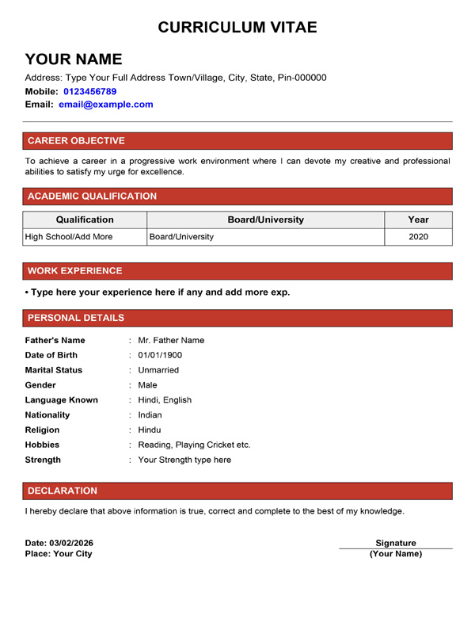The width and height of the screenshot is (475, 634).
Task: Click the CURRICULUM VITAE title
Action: pyautogui.click(x=237, y=27)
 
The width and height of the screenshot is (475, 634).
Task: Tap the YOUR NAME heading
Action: pyautogui.click(x=74, y=59)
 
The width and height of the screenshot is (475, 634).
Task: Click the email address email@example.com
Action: pyautogui.click(x=105, y=104)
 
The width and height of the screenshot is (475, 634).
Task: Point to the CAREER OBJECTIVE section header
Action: pyautogui.click(x=76, y=141)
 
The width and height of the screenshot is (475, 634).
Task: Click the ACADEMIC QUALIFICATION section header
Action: pyautogui.click(x=92, y=197)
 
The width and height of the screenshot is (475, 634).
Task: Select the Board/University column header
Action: pyautogui.click(x=265, y=220)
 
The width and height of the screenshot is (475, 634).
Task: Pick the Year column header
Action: pyautogui.click(x=418, y=220)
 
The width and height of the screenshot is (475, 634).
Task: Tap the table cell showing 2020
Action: pyautogui.click(x=418, y=236)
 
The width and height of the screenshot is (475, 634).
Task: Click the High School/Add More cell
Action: pyautogui.click(x=69, y=236)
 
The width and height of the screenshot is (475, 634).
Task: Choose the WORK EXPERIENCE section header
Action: pyautogui.click(x=75, y=271)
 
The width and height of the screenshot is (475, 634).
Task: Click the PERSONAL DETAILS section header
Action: pyautogui.click(x=76, y=318)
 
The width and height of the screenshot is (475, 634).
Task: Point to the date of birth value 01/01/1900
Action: pyautogui.click(x=160, y=355)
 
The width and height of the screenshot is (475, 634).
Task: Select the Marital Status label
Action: pyautogui.click(x=54, y=370)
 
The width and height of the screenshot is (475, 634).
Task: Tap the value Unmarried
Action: pyautogui.click(x=158, y=370)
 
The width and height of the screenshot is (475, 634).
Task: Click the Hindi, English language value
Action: pyautogui.click(x=165, y=400)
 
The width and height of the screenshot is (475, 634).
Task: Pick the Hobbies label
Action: pyautogui.click(x=43, y=445)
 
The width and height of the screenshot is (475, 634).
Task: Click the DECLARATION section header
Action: pyautogui.click(x=63, y=491)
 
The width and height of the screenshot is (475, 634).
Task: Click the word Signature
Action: pyautogui.click(x=396, y=543)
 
